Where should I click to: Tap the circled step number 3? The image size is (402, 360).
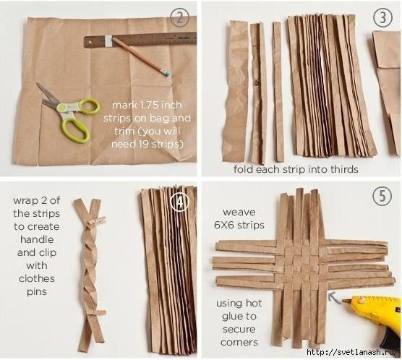coord(382,17)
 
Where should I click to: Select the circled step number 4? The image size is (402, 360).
coord(180,202)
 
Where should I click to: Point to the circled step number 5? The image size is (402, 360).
coord(382,197)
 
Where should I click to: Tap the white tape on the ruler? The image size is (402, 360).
coord(108,41)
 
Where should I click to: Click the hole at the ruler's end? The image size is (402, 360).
coord(89,41)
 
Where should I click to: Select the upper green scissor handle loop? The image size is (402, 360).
coord(90,106)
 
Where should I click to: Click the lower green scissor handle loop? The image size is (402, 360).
coord(75,131)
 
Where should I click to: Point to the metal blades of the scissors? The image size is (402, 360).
coord(48,96)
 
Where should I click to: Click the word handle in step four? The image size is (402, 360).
coord(37,239)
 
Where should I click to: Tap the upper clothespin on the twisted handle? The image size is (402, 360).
coord(97,220)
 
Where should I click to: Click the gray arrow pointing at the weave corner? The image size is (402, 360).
coord(334,298)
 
